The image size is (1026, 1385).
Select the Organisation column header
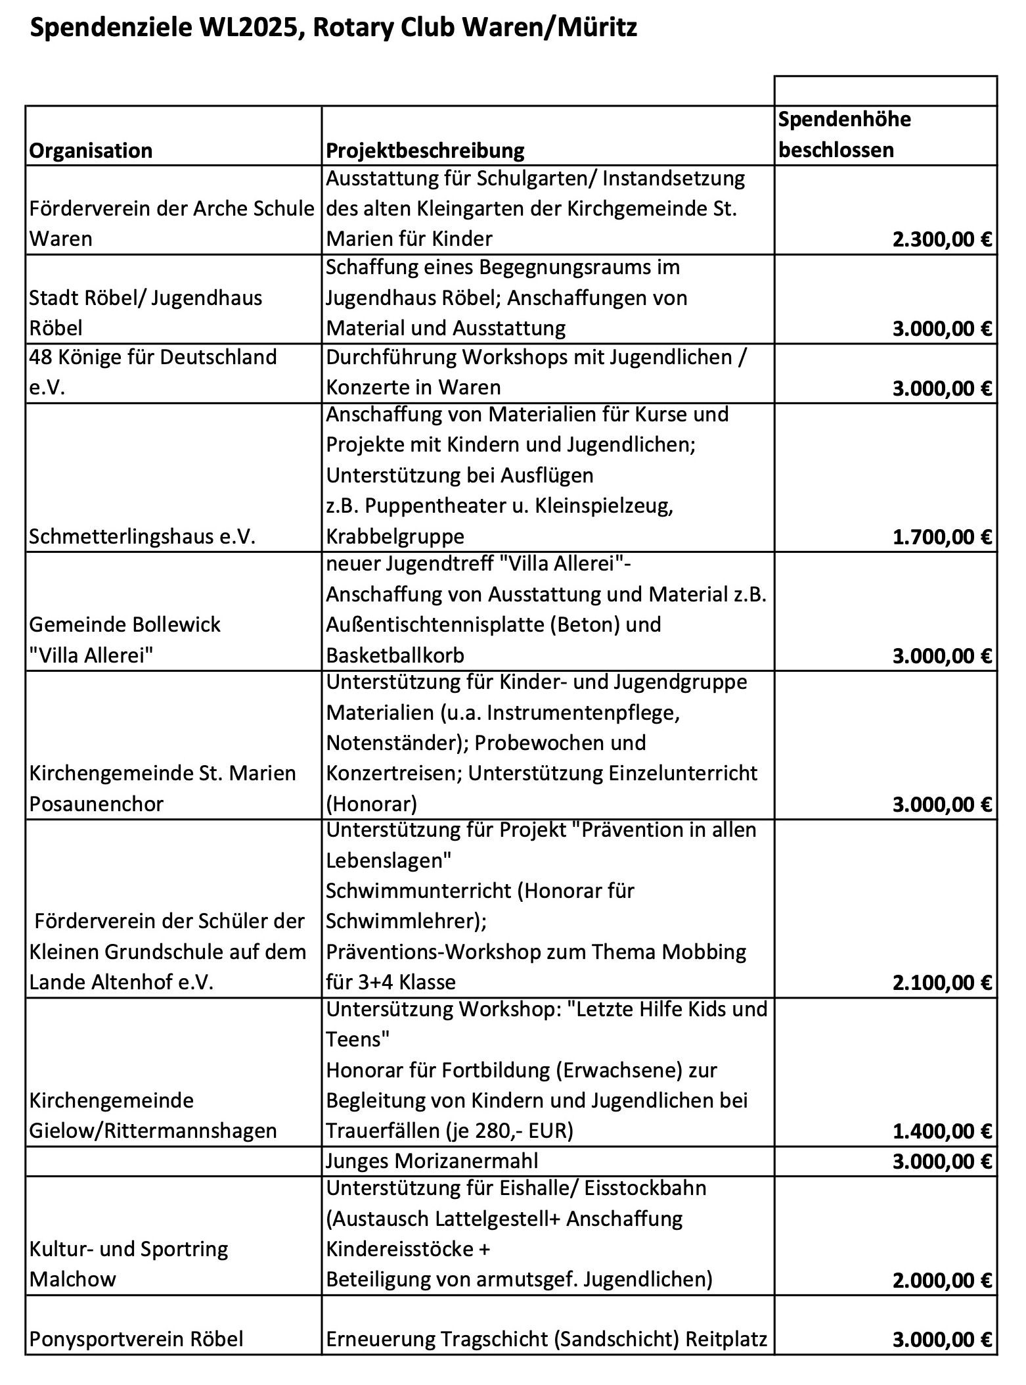point(91,151)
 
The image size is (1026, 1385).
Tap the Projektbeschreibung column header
point(425,151)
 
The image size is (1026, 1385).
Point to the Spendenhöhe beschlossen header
point(845,135)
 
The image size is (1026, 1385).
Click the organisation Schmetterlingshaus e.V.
point(142,537)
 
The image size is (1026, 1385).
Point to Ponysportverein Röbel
point(136,1339)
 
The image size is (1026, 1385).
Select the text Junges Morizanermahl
point(432,1161)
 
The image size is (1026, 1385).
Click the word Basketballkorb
point(395,655)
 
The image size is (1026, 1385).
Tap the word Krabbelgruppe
point(395,536)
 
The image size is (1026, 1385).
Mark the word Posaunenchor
point(96,804)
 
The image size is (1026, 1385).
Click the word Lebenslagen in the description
point(389,860)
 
